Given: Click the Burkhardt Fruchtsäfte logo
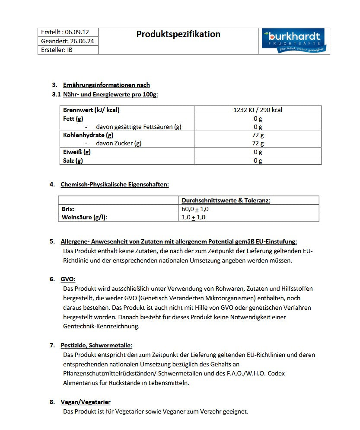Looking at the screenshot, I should [294, 41].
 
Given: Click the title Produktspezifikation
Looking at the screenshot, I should [178, 34].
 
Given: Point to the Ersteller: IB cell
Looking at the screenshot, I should [57, 50].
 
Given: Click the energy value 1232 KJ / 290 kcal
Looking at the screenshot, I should [258, 110].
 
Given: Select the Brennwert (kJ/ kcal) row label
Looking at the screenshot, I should [91, 110].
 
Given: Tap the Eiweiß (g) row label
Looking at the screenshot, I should [77, 152].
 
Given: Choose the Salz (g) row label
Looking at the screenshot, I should [73, 160].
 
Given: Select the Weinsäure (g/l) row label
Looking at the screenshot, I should [85, 217].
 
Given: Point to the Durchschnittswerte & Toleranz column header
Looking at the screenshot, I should [226, 200].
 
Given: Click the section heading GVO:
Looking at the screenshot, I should [68, 279].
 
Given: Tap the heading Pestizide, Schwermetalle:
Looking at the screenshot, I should [96, 345].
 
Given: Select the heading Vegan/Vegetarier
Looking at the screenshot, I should [86, 402].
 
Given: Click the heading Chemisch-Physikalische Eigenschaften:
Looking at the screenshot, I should [115, 184].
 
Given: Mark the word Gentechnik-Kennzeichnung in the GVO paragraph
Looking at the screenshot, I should [101, 326].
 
